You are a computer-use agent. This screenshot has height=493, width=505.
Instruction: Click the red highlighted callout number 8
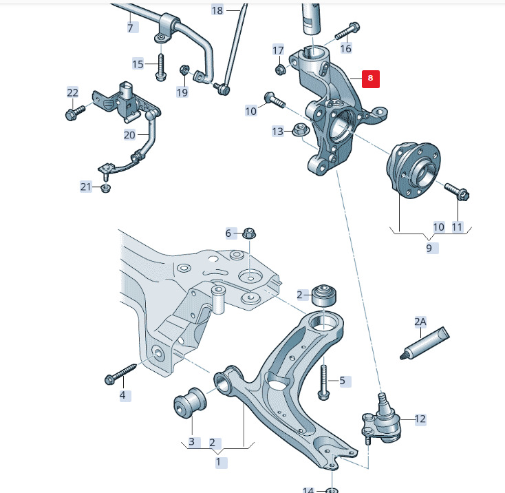pyautogui.click(x=370, y=78)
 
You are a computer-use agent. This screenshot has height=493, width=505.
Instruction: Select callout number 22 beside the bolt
pyautogui.click(x=73, y=92)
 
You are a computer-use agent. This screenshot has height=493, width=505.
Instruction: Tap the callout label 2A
pyautogui.click(x=420, y=322)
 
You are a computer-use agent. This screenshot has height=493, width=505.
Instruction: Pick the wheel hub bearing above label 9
pyautogui.click(x=411, y=169)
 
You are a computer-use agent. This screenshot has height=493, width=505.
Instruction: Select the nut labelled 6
pyautogui.click(x=250, y=234)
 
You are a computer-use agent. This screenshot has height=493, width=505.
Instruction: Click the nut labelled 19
pyautogui.click(x=185, y=70)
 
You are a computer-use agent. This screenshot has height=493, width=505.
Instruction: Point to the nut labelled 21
pyautogui.click(x=106, y=188)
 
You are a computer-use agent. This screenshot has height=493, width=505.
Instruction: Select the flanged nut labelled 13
pyautogui.click(x=299, y=129)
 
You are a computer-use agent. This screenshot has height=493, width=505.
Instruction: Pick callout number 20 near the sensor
pyautogui.click(x=129, y=135)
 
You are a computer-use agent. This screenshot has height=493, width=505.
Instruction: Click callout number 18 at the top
pyautogui.click(x=217, y=10)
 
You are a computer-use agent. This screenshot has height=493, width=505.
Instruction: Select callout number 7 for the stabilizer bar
pyautogui.click(x=129, y=28)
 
